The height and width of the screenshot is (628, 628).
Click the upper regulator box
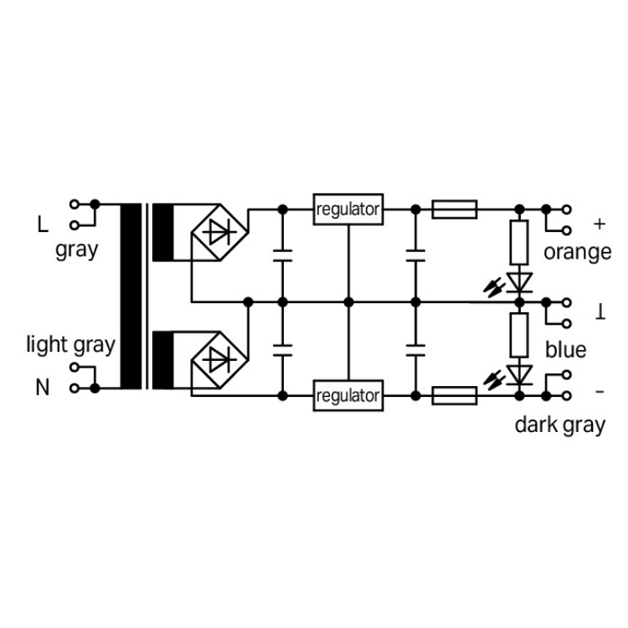pyautogui.click(x=348, y=208)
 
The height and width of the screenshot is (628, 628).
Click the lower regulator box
pyautogui.click(x=348, y=395)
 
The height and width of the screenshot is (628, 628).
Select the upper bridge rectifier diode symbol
pyautogui.click(x=220, y=234)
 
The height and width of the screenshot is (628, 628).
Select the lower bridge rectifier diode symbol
pyautogui.click(x=220, y=361)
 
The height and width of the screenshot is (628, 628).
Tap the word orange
pyautogui.click(x=577, y=252)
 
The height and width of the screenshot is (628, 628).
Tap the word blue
pyautogui.click(x=566, y=349)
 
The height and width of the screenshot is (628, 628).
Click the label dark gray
pyautogui.click(x=559, y=425)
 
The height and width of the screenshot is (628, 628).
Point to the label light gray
pyautogui.click(x=70, y=344)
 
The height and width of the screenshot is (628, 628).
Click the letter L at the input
pyautogui.click(x=43, y=224)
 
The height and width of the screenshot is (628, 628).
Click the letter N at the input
pyautogui.click(x=43, y=388)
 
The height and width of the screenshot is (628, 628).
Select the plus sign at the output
pyautogui.click(x=599, y=224)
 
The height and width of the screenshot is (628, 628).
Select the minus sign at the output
pyautogui.click(x=599, y=391)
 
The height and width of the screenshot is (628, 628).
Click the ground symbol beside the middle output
pyautogui.click(x=600, y=311)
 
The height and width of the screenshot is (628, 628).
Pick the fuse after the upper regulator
pyautogui.click(x=455, y=208)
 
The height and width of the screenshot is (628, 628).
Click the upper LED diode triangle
pyautogui.click(x=521, y=280)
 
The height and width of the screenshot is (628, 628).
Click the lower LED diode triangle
pyautogui.click(x=521, y=373)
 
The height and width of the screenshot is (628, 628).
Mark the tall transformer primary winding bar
pyautogui.click(x=132, y=297)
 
